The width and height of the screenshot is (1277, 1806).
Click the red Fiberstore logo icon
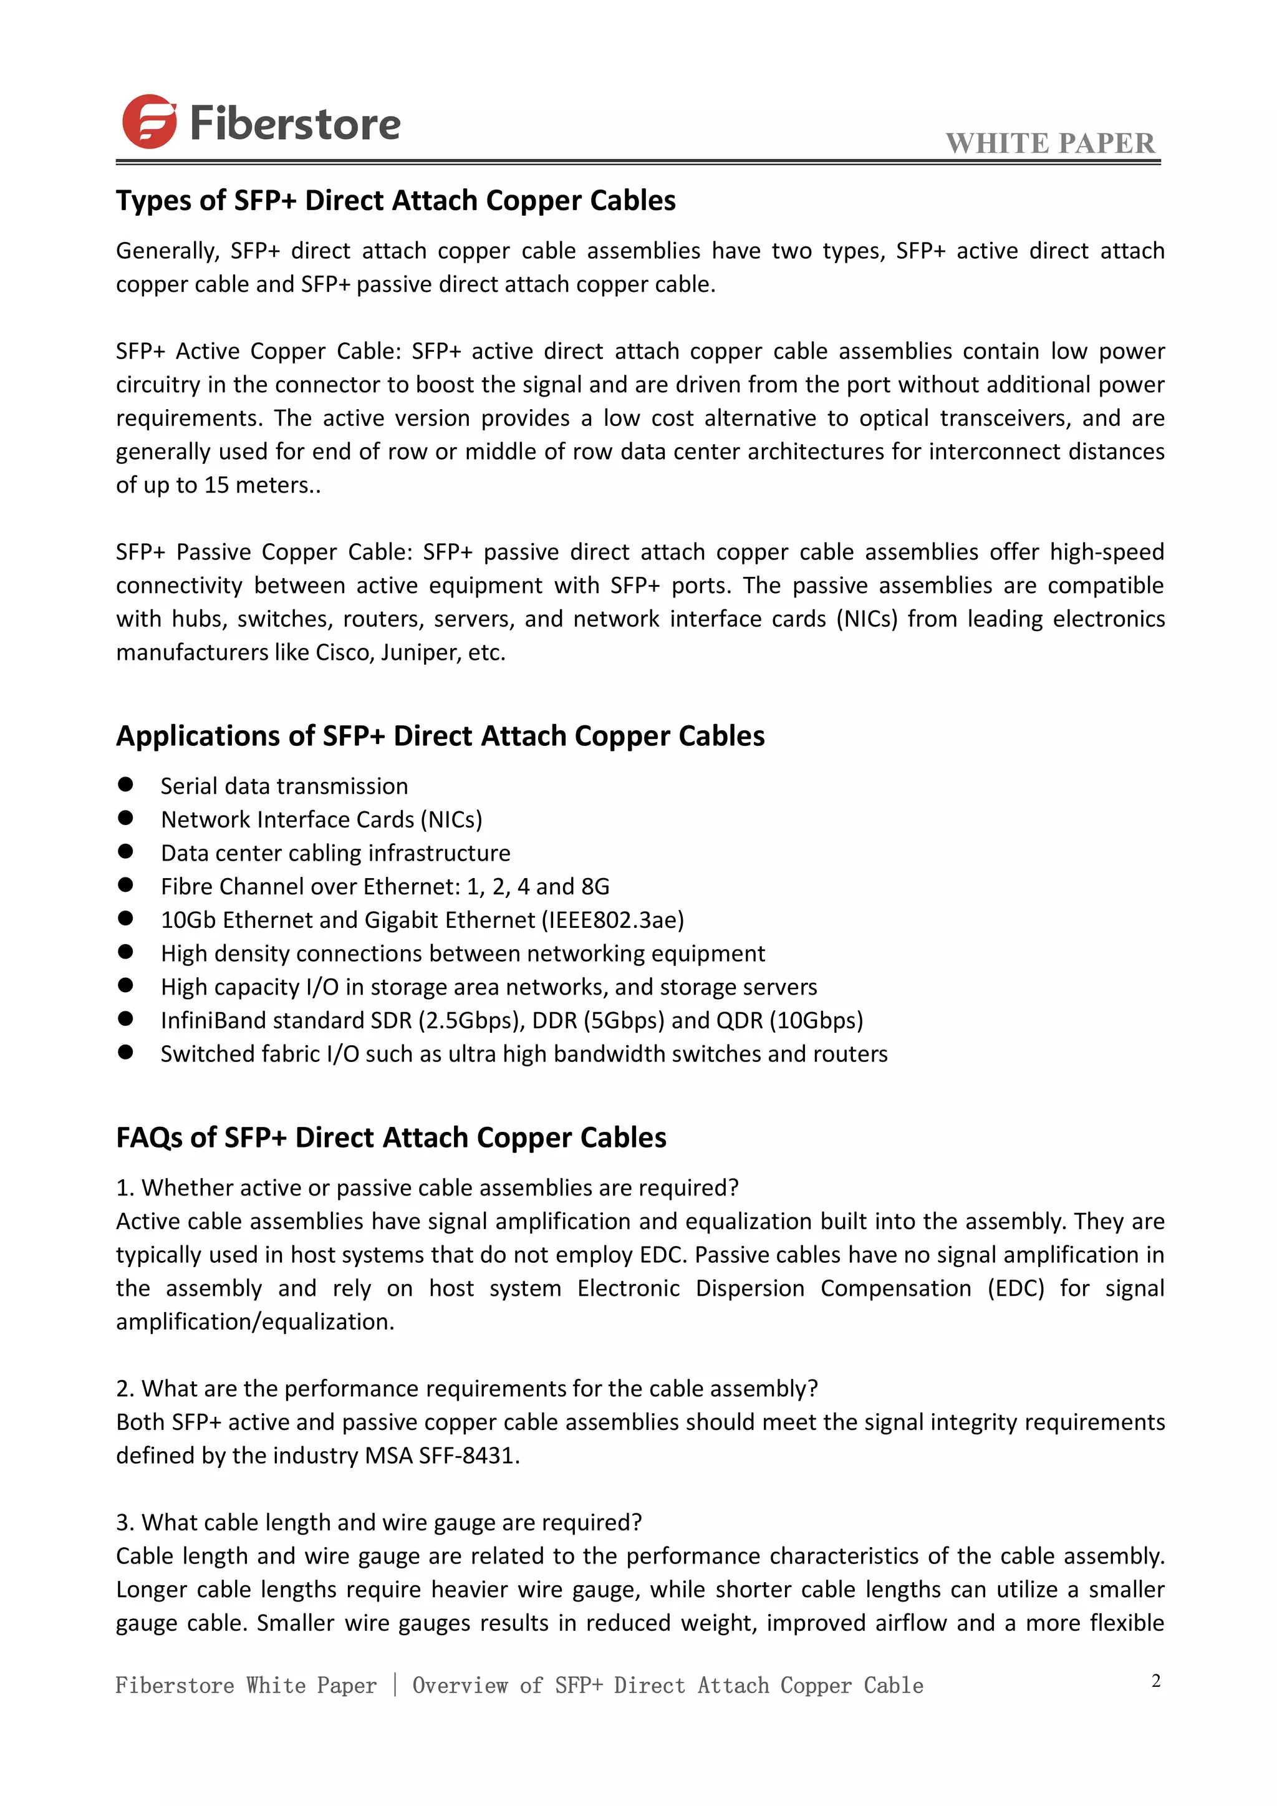pyautogui.click(x=148, y=122)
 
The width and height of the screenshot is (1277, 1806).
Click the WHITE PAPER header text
pyautogui.click(x=1050, y=143)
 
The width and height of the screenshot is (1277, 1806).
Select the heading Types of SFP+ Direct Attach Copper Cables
pyautogui.click(x=395, y=201)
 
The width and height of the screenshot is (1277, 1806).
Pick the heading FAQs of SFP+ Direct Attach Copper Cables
pyautogui.click(x=391, y=1137)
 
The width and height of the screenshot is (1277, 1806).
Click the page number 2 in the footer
pyautogui.click(x=1155, y=1681)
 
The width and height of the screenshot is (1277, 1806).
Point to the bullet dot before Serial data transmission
pyautogui.click(x=125, y=785)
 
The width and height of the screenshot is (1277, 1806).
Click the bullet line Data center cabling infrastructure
pyautogui.click(x=335, y=852)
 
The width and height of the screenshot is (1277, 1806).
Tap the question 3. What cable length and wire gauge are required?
pyautogui.click(x=378, y=1522)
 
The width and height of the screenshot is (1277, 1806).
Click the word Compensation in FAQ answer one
pyautogui.click(x=895, y=1288)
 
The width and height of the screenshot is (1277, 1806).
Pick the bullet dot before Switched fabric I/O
pyautogui.click(x=125, y=1053)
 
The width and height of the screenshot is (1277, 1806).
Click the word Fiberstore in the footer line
pyautogui.click(x=174, y=1686)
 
